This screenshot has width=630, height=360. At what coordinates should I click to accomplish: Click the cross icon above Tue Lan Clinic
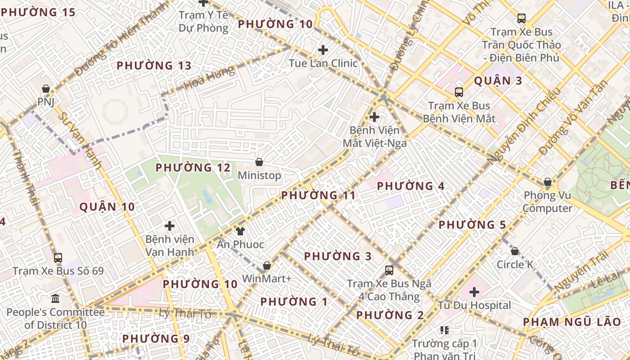[323, 50]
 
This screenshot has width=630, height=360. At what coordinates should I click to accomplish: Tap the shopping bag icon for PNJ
[45, 89]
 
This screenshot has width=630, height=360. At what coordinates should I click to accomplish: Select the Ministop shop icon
[259, 162]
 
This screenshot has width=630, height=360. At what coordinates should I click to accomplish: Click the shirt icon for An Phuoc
[240, 231]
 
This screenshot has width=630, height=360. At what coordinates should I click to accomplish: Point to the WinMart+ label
[267, 279]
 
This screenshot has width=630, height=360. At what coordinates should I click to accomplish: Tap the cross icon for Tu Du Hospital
[474, 292]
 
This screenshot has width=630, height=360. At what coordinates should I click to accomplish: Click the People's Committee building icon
[55, 298]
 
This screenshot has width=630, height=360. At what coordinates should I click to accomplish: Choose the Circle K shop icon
[515, 251]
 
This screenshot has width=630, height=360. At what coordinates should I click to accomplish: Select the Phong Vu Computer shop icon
[548, 182]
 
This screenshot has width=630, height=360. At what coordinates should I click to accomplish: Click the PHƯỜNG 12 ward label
[193, 168]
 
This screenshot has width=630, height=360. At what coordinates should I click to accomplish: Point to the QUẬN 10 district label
[107, 207]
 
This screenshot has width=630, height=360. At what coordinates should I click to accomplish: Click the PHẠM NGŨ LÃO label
[572, 322]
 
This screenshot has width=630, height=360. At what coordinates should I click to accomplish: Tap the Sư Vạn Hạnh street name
[80, 139]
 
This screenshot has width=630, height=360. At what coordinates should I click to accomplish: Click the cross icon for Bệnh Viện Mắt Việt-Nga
[374, 117]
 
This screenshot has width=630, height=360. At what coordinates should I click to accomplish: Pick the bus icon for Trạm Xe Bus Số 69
[58, 258]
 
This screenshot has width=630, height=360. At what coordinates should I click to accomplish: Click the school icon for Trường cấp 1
[445, 331]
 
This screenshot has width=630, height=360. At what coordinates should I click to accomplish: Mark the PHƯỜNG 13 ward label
[154, 66]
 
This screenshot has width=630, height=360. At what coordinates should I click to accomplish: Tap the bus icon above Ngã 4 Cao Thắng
[389, 270]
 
